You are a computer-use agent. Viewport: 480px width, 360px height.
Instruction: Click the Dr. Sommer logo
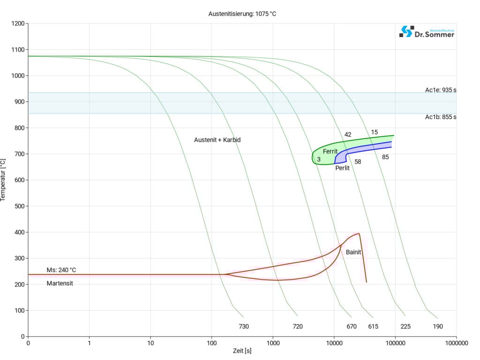click(x=427, y=32)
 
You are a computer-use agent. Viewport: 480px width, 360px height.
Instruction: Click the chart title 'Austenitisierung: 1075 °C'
click(x=242, y=14)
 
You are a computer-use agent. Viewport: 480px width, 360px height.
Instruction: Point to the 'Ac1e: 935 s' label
click(x=441, y=90)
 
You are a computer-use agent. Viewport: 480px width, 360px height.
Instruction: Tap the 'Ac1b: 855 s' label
click(x=441, y=117)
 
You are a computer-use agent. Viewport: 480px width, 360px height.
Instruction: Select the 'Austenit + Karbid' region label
click(x=217, y=140)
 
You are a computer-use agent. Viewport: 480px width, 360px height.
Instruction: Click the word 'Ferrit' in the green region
click(x=330, y=151)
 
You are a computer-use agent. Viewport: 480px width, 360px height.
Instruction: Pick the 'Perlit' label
click(x=343, y=167)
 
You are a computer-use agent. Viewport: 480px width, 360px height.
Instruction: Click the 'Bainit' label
click(x=353, y=252)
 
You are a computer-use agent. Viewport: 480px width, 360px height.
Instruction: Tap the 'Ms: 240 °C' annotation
click(x=61, y=270)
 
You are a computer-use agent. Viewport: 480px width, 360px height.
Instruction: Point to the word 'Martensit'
click(x=60, y=283)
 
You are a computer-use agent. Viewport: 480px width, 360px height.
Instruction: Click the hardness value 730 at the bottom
click(x=244, y=326)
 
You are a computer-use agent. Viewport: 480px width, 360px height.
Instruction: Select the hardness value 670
click(x=352, y=326)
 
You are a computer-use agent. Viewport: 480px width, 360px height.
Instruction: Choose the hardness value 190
click(x=438, y=326)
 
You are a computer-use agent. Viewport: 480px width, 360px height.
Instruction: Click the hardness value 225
click(x=405, y=326)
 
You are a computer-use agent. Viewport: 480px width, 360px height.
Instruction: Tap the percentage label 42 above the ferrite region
click(x=348, y=135)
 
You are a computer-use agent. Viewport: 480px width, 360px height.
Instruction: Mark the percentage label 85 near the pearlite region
click(x=385, y=157)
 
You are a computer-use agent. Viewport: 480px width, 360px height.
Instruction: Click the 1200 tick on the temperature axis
click(x=17, y=23)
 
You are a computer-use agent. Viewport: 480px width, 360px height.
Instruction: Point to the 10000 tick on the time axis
click(x=334, y=343)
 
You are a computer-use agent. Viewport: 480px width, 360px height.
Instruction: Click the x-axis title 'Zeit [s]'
click(x=242, y=351)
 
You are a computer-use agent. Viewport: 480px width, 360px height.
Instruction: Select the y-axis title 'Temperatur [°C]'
click(x=4, y=180)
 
